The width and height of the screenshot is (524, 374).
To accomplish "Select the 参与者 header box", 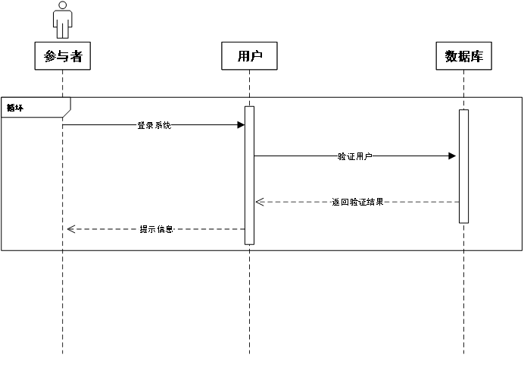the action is (63, 56).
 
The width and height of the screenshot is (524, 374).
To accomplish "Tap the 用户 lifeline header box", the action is (249, 56).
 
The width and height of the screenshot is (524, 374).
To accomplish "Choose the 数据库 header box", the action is (463, 56).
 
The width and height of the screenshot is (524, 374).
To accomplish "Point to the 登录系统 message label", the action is (154, 125).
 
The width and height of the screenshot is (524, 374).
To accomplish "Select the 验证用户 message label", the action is (355, 156).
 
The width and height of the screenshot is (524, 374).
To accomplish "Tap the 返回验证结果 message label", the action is (357, 202).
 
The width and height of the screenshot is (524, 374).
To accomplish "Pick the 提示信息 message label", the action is (156, 229).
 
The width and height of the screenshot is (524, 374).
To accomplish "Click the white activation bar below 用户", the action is (249, 175).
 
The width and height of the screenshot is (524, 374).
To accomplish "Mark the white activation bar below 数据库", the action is (463, 166).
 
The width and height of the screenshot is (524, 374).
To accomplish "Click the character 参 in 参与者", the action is (51, 56).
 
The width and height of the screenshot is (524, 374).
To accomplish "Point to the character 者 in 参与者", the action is (76, 56).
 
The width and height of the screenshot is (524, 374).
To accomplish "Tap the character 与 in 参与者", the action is (63, 56).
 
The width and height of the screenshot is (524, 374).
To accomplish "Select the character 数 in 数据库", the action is (451, 56).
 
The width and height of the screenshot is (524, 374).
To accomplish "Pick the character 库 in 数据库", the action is (476, 56).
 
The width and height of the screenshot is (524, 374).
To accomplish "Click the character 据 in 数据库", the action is (463, 56).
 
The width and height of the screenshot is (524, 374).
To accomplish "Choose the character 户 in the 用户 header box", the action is (256, 56).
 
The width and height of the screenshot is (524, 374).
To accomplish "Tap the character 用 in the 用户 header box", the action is (243, 56).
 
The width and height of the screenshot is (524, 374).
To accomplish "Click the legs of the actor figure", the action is (62, 31).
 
